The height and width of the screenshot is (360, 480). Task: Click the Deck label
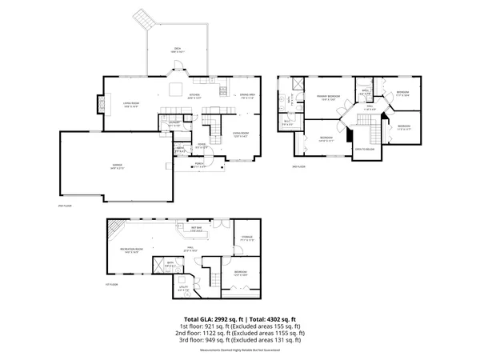click(176, 50)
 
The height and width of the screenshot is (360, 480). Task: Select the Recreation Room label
click(132, 250)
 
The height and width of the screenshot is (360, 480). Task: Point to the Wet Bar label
click(195, 230)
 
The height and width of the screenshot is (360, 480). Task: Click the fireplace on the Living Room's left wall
click(101, 103)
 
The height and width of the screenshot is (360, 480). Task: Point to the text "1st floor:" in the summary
click(190, 326)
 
